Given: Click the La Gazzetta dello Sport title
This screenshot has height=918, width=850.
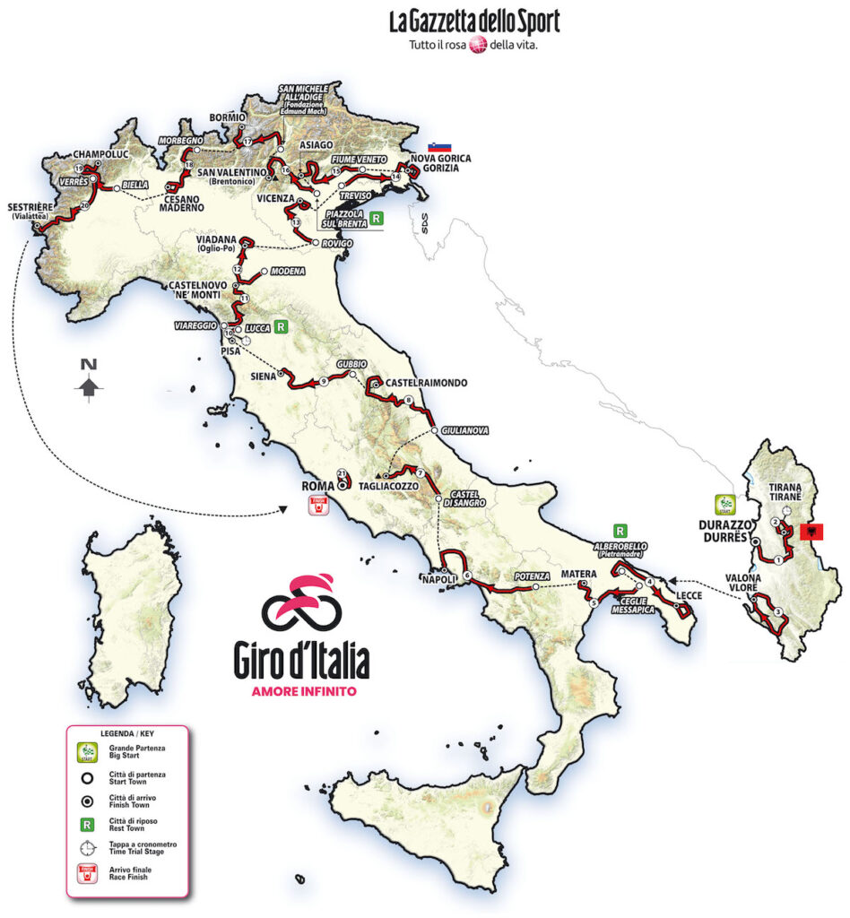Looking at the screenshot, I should pyautogui.click(x=474, y=22).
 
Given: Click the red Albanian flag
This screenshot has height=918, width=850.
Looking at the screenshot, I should pyautogui.click(x=811, y=533).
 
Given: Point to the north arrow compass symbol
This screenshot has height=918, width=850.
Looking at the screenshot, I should pyautogui.click(x=88, y=384).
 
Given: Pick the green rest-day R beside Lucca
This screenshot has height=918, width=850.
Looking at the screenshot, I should pyautogui.click(x=282, y=328).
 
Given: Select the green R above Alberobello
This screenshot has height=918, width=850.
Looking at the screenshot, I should pyautogui.click(x=620, y=530).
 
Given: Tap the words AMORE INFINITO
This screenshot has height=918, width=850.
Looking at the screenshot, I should pyautogui.click(x=302, y=691).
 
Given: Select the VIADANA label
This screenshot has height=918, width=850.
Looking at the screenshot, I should pyautogui.click(x=217, y=239).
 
